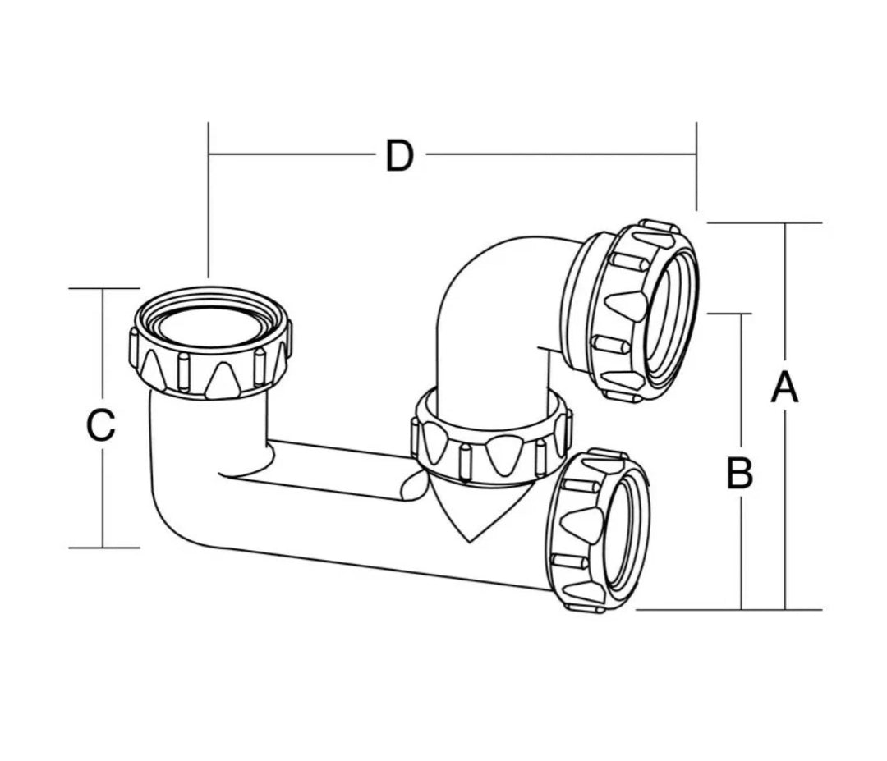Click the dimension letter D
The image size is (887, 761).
[399, 156]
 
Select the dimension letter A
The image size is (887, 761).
[784, 387]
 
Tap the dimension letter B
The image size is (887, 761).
[740, 474]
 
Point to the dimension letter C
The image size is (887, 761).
[100, 426]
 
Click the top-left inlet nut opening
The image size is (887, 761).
[210, 324]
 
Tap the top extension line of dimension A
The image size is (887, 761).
[764, 222]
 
